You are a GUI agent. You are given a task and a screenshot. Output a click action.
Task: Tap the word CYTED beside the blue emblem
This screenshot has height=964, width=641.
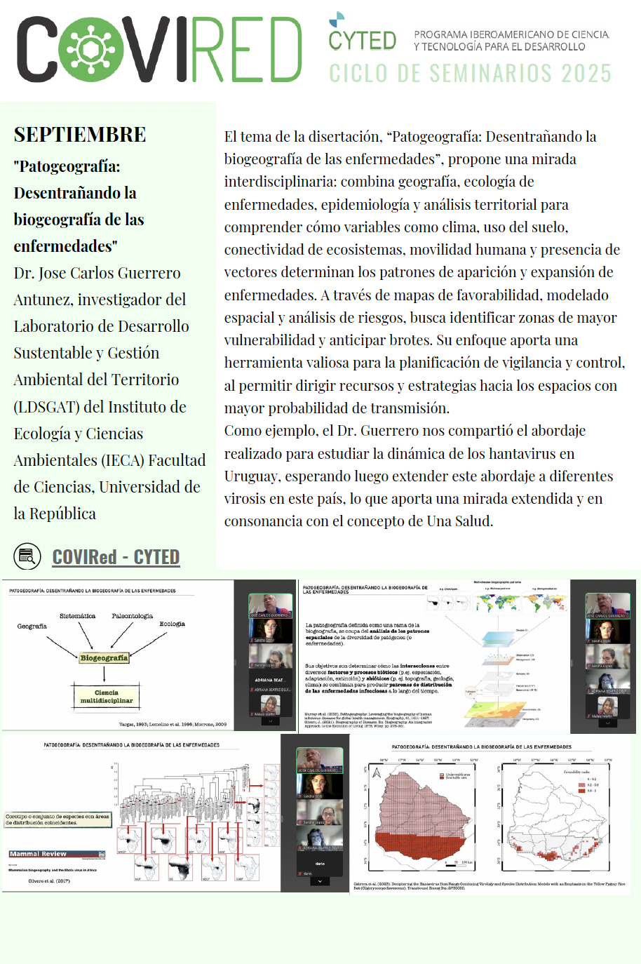tap(363, 41)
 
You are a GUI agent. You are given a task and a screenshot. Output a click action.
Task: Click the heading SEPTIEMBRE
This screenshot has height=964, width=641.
tap(80, 135)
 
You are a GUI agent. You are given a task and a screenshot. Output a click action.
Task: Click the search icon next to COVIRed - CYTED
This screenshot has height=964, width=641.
tap(27, 556)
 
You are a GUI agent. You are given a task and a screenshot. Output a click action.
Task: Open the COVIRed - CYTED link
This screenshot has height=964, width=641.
tap(116, 557)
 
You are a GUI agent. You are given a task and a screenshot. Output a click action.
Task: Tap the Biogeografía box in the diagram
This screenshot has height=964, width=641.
tap(104, 657)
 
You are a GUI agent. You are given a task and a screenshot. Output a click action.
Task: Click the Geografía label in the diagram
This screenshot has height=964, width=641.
tap(32, 626)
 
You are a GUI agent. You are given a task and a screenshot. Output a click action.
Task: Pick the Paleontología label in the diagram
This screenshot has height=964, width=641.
tap(132, 616)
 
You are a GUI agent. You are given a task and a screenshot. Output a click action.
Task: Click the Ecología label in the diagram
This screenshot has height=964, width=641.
tap(172, 624)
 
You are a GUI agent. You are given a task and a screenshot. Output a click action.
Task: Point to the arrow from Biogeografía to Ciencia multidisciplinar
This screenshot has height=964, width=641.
tap(104, 673)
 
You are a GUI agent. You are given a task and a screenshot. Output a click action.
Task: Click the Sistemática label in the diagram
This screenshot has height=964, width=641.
tap(77, 616)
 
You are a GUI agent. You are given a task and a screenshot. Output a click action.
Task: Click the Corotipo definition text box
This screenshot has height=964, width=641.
tap(58, 819)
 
